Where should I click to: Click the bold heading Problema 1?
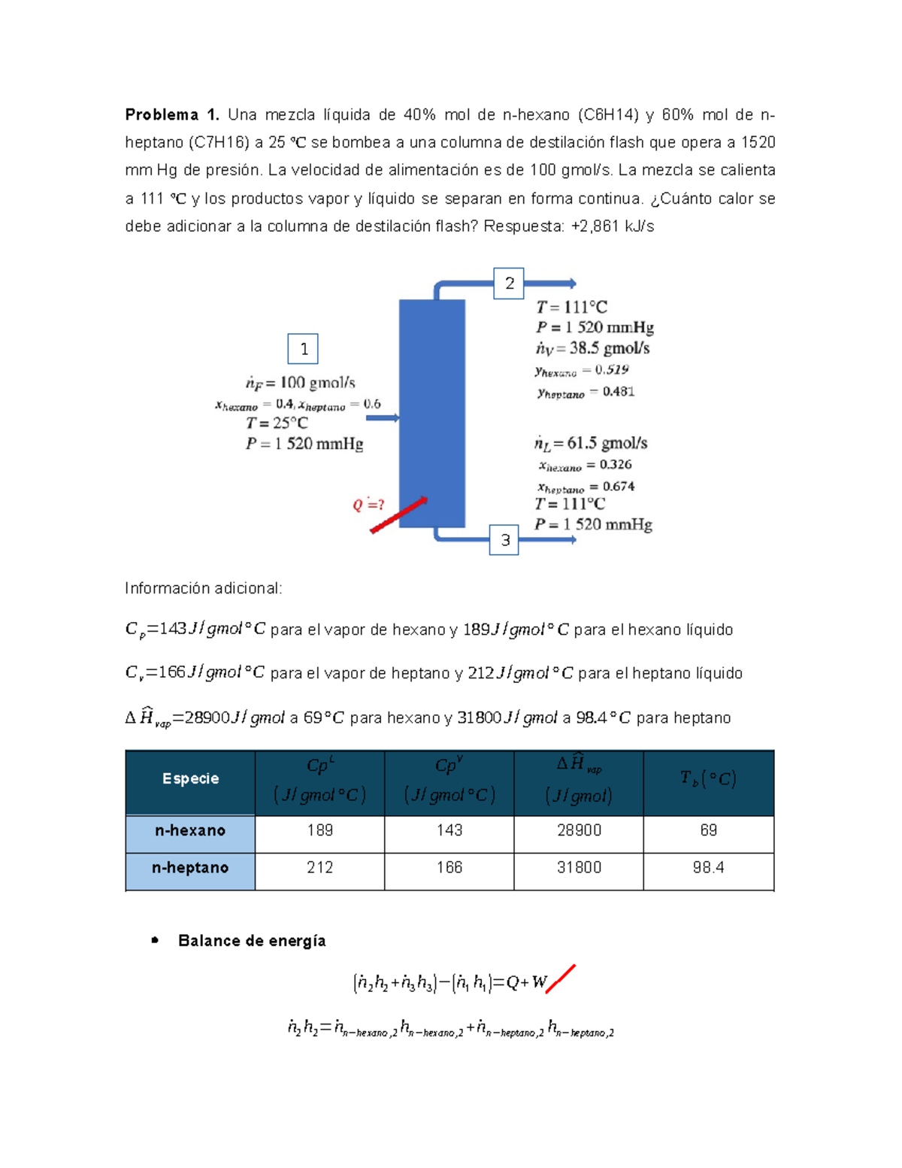(171, 115)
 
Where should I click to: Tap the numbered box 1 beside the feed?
(304, 349)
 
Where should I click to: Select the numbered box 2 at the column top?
(509, 284)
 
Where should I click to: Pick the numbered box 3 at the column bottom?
(504, 540)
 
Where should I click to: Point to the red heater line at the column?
(398, 515)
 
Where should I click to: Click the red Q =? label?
(368, 505)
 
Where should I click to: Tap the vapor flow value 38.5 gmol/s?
(609, 348)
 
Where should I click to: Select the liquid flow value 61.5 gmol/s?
(607, 443)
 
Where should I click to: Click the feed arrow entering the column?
(382, 417)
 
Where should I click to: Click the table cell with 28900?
(579, 830)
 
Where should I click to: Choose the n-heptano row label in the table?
(190, 868)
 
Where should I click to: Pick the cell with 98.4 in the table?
(708, 868)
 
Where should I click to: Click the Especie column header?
(190, 779)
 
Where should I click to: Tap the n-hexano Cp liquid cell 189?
(319, 830)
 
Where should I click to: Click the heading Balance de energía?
(252, 941)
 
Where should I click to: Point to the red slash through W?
(561, 978)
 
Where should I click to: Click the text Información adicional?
(203, 588)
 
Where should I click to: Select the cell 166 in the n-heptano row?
(449, 868)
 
